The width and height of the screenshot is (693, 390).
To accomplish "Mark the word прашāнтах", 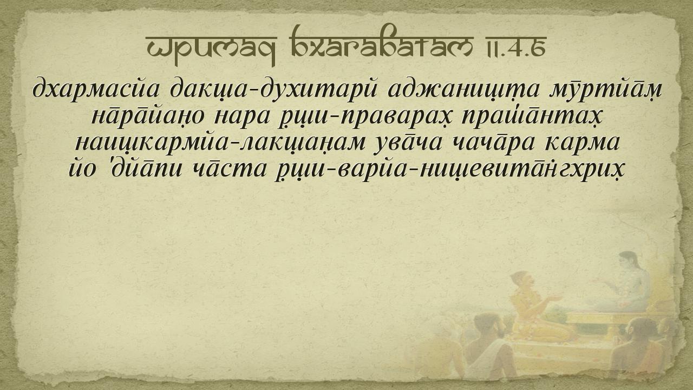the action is tap(532, 117).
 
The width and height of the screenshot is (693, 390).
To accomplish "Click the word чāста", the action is tap(230, 170).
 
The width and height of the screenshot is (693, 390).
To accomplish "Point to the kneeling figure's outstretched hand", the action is tap(557, 298).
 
